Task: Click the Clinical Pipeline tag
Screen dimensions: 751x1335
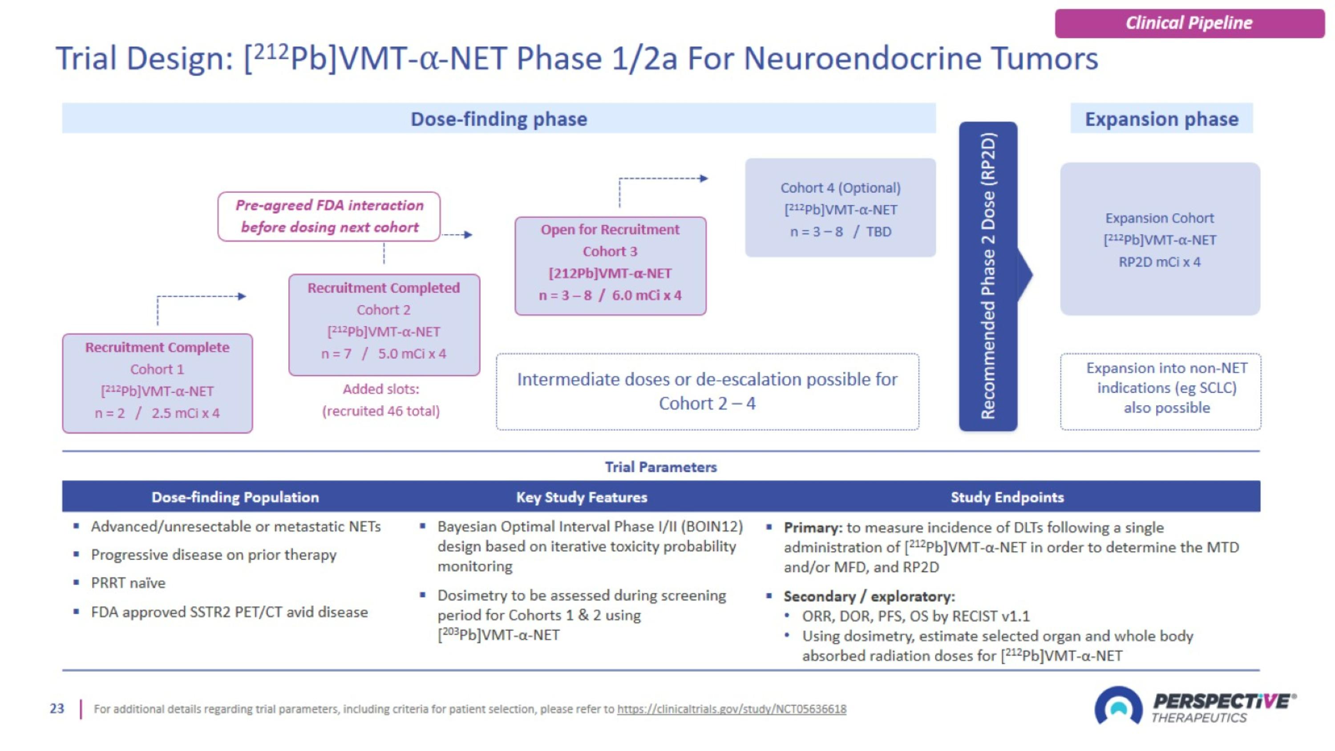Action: coord(1189,23)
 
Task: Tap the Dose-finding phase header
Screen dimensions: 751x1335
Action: coord(498,119)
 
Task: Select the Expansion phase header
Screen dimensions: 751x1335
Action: coord(1161,119)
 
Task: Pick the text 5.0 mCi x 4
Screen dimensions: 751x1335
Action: coord(412,354)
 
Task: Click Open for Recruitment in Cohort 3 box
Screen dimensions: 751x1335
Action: coord(610,230)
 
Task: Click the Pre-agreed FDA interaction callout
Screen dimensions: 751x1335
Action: coord(329,216)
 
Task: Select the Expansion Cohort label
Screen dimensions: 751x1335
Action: coord(1159,218)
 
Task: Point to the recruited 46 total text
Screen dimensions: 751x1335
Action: coord(381,411)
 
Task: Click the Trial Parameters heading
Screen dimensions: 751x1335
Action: coord(661,467)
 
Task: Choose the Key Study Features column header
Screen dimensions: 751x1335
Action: coord(582,497)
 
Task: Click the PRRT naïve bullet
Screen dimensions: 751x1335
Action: coord(128,583)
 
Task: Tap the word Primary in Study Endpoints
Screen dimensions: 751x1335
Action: coord(812,528)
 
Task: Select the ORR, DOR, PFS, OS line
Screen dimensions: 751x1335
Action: coord(915,616)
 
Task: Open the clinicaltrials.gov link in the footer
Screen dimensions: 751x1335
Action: coord(731,709)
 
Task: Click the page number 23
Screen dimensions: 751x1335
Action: coord(57,709)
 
